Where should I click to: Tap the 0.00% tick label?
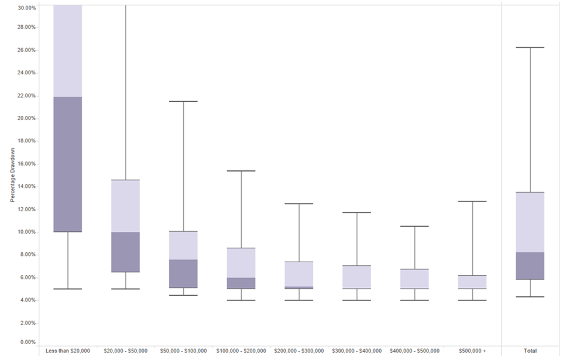point(28,342)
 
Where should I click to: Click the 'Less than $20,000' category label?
point(68,351)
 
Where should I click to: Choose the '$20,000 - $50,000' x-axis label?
point(125,351)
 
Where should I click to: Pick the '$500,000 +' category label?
point(473,351)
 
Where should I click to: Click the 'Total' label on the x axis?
point(530,351)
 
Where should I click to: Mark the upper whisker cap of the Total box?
point(530,47)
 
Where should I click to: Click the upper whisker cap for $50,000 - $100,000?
point(183,101)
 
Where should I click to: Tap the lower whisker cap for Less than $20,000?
point(68,289)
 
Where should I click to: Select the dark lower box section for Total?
point(530,266)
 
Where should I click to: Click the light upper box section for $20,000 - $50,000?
point(125,206)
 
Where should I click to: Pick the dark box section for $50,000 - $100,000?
point(183,273)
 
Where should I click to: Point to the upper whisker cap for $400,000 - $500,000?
point(415,226)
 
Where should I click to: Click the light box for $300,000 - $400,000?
point(357,277)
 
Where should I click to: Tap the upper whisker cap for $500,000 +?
point(473,201)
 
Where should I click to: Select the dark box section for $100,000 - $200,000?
point(241,283)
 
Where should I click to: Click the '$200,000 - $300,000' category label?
point(299,351)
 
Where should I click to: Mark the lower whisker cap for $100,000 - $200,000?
point(241,300)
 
